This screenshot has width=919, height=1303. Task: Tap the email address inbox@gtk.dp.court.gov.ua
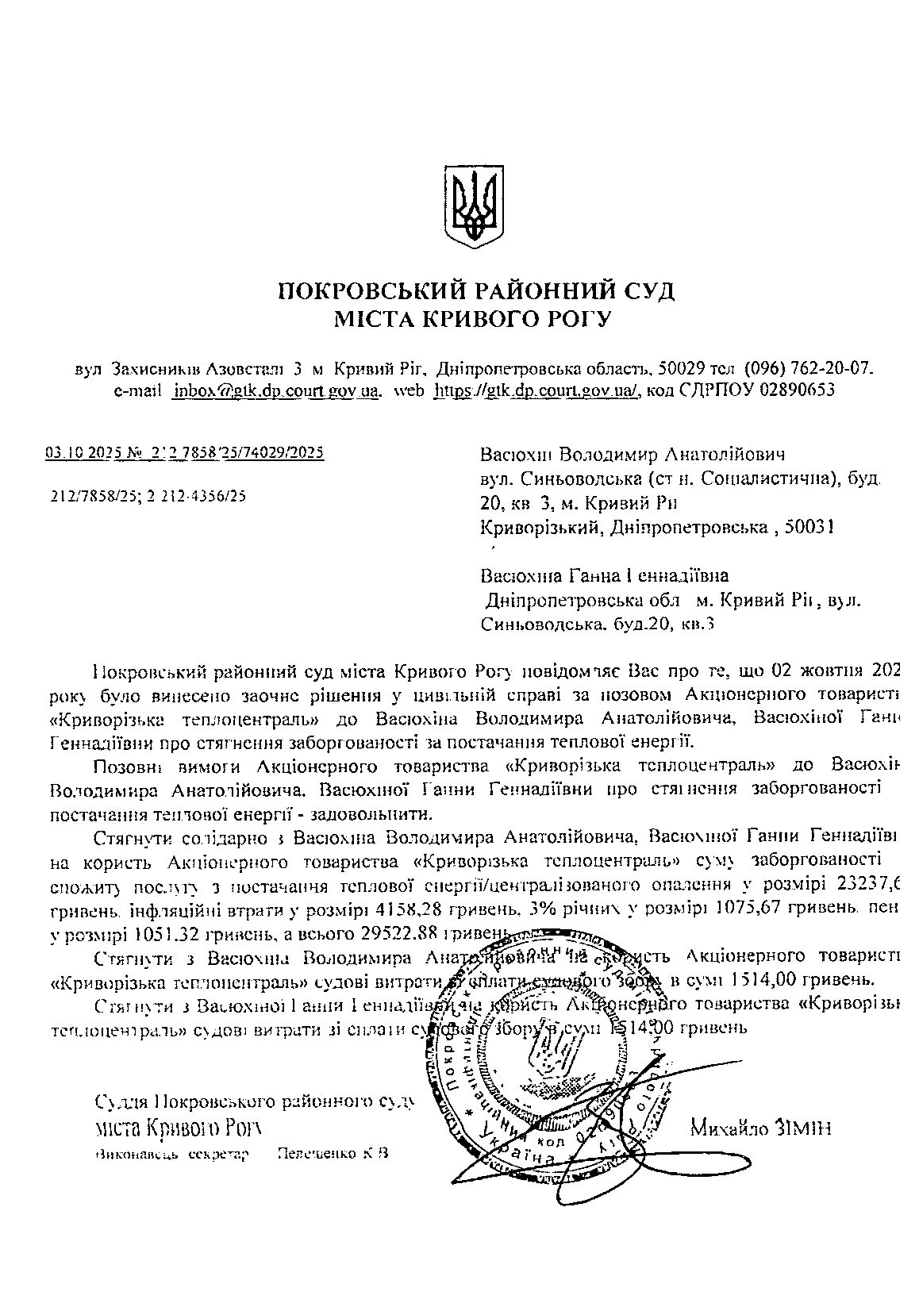276,390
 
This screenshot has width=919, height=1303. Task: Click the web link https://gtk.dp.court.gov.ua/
537,390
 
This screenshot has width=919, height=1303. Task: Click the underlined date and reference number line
185,453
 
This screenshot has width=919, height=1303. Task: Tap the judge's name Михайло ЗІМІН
761,1127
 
